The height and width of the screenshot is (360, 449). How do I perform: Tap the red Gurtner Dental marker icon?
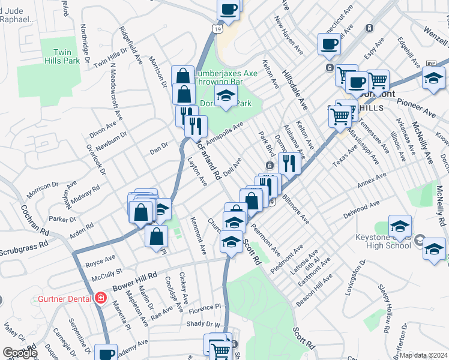pos(100,298)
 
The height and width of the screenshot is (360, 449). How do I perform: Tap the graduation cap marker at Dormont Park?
pos(226,96)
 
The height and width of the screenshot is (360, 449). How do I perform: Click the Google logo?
pos(20,353)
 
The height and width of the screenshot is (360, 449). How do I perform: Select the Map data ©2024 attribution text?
pos(424,355)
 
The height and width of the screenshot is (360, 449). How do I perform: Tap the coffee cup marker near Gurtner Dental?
pos(107,354)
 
